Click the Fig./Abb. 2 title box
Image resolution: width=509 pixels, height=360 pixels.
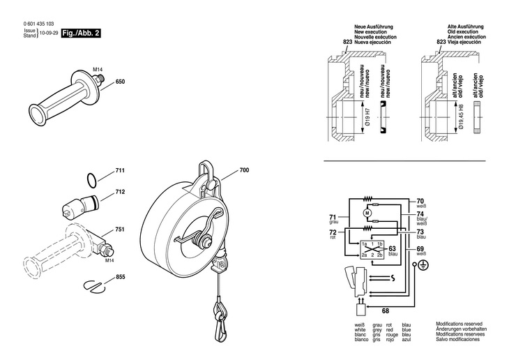(x=82, y=33)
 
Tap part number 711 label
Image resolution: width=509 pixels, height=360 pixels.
(x=119, y=171)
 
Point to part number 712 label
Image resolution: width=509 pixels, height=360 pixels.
(x=119, y=191)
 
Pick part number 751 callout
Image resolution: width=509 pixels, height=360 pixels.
(x=119, y=230)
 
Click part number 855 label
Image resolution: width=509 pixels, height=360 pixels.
(x=119, y=278)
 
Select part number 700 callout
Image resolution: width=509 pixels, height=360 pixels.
(x=243, y=170)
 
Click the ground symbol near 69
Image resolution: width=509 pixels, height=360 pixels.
(x=423, y=266)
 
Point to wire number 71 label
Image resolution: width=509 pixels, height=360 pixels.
(x=333, y=218)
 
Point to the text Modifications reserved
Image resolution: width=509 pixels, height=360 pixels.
(x=460, y=324)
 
